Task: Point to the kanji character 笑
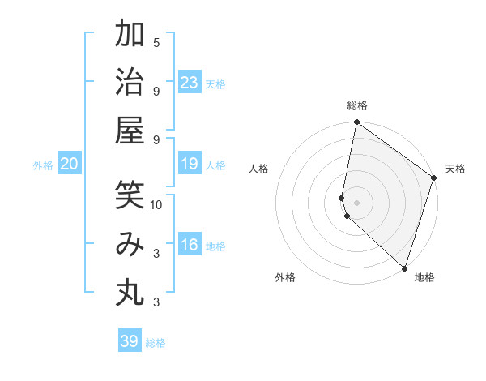[x=130, y=195]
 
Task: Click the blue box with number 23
[x=190, y=82]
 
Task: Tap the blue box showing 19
[x=190, y=164]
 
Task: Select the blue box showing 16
[x=190, y=245]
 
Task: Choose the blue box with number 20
[x=70, y=164]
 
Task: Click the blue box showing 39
[x=130, y=341]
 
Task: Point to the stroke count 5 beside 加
[x=156, y=42]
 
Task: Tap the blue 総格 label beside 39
[x=156, y=343]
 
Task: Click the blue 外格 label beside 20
[x=43, y=165]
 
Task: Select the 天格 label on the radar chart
[x=455, y=169]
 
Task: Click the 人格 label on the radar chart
[x=259, y=169]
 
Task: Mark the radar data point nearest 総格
[x=356, y=123]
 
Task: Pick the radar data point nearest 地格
[x=403, y=268]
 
